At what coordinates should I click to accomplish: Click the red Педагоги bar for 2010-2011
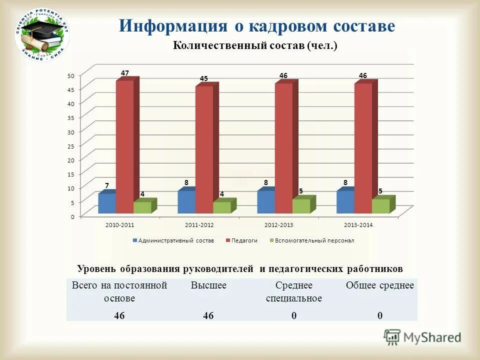124,147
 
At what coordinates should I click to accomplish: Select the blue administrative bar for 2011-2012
186,202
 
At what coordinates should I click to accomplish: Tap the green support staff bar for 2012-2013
300,206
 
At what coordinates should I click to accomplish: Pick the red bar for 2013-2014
363,148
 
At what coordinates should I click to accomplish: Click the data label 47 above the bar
125,73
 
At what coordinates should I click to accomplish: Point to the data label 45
204,78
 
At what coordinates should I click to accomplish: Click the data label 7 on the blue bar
107,185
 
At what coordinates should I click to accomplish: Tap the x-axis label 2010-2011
119,225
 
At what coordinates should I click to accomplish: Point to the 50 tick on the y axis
71,75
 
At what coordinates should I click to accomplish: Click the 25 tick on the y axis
71,146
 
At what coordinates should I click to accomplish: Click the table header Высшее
208,285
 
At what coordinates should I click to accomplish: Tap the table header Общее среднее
380,285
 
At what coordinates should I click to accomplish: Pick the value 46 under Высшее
208,315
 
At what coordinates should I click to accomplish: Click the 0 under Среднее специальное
294,315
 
